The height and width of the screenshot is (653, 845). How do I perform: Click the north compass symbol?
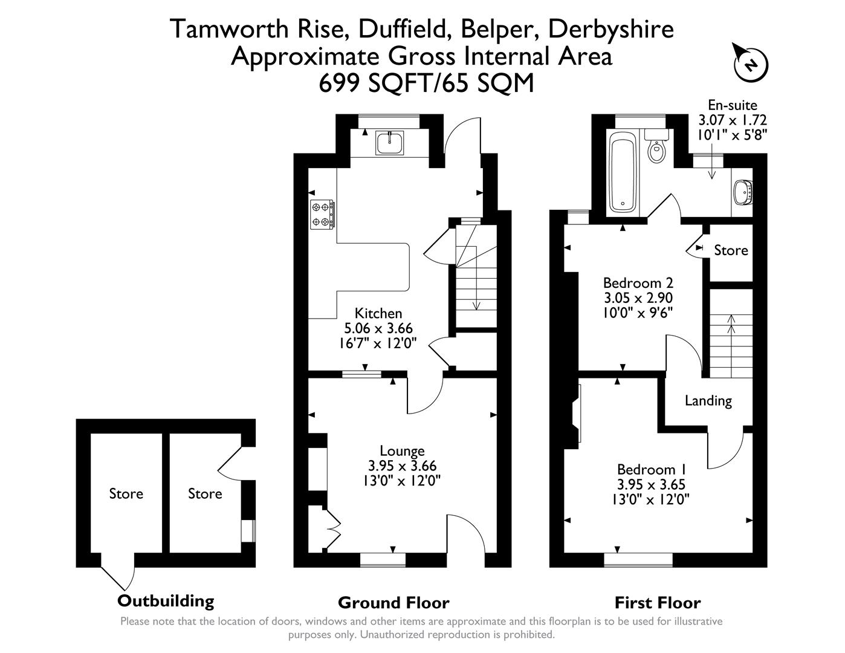point(750,63)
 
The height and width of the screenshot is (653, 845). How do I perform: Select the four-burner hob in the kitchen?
point(322,215)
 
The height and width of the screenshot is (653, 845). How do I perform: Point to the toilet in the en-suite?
point(656,148)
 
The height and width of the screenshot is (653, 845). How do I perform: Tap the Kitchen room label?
point(378,313)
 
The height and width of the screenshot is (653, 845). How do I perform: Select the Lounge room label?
point(402,450)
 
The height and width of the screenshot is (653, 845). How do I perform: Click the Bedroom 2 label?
point(638,282)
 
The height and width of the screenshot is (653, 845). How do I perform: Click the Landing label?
point(708,400)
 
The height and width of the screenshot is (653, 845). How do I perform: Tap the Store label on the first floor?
point(730,250)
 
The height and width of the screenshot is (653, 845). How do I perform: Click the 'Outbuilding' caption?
point(166,601)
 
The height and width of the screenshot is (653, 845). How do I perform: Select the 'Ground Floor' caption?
point(393,603)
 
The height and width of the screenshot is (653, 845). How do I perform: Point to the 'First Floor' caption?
point(657,603)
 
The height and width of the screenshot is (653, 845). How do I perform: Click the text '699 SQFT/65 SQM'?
point(427,83)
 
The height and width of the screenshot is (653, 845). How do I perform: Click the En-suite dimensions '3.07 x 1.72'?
point(732,120)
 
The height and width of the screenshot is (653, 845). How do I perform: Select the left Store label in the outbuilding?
point(126,494)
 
